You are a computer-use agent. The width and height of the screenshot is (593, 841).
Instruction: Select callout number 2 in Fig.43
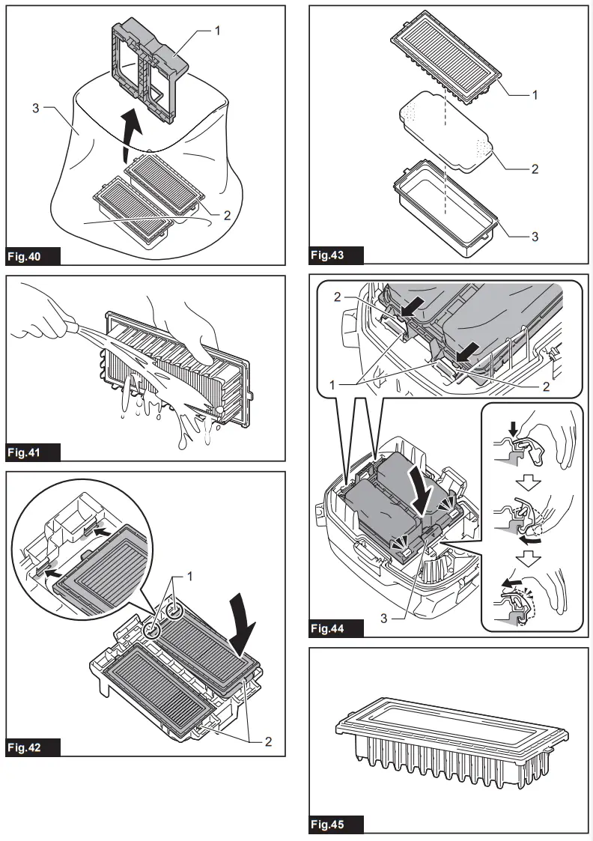tap(535, 169)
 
